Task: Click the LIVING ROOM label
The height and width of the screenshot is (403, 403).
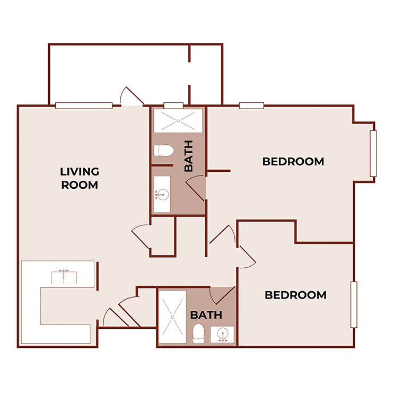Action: (x=80, y=178)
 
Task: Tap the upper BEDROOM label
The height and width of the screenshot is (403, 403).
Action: (x=293, y=161)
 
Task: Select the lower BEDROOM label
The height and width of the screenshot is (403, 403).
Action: (x=295, y=295)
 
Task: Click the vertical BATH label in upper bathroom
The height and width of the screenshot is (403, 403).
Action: (x=188, y=156)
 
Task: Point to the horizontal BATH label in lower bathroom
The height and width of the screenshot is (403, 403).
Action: (x=206, y=315)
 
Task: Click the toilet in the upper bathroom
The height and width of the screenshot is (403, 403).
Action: (x=163, y=151)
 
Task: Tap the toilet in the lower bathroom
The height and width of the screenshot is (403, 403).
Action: (x=199, y=333)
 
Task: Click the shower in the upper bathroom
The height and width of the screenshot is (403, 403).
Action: (x=178, y=121)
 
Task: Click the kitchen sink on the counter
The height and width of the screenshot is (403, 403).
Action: (x=64, y=277)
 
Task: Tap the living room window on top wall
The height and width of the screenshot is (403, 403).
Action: (x=84, y=106)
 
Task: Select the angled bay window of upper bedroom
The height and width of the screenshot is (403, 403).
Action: (x=373, y=153)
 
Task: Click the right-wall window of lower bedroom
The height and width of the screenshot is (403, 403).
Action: (x=354, y=305)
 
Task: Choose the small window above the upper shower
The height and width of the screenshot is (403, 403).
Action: (x=173, y=106)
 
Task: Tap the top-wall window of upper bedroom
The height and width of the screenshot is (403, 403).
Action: (x=251, y=106)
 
